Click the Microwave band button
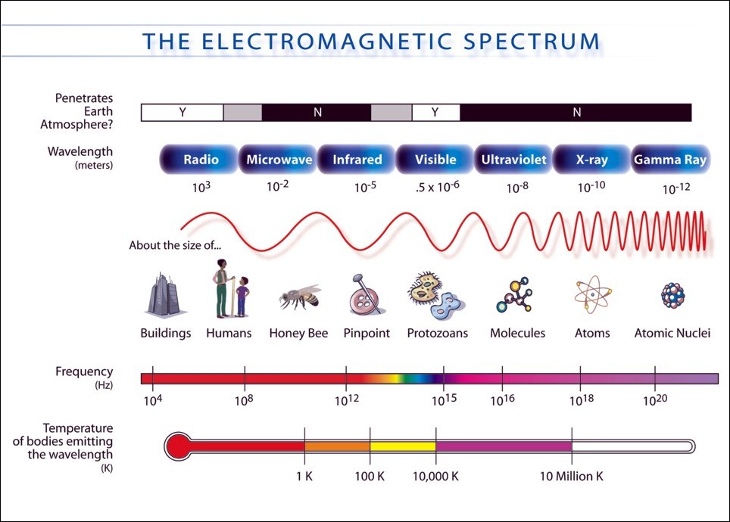click(x=279, y=160)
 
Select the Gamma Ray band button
click(x=670, y=160)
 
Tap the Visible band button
click(x=435, y=160)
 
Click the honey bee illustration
click(x=301, y=297)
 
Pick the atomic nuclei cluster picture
click(x=672, y=295)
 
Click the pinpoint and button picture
click(x=367, y=294)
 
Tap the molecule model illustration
click(x=515, y=296)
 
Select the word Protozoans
click(x=437, y=333)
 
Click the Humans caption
click(x=229, y=333)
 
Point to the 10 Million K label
click(x=571, y=477)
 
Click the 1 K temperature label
click(x=304, y=477)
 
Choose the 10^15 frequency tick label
click(x=445, y=399)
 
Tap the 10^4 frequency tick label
click(x=153, y=399)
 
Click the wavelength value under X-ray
click(x=591, y=187)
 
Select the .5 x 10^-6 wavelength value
click(x=437, y=187)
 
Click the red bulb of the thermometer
click(x=178, y=446)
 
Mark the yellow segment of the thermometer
click(x=403, y=446)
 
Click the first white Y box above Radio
click(x=182, y=113)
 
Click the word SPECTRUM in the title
click(x=531, y=42)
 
